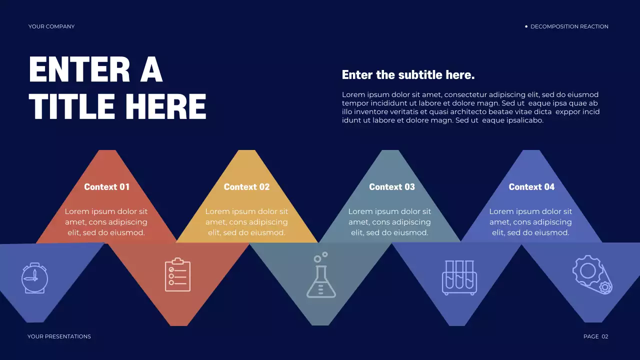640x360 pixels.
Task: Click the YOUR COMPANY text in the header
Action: pos(51,26)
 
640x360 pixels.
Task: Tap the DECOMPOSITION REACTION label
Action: pos(569,26)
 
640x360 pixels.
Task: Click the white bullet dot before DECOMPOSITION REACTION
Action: pos(526,26)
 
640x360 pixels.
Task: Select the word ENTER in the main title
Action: pos(80,69)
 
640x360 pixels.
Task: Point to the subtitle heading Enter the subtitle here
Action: pos(408,75)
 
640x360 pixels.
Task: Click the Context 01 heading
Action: pos(106,187)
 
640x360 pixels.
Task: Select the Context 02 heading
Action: pos(246,187)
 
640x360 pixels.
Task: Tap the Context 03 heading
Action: pos(392,187)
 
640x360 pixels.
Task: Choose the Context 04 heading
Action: pos(531,187)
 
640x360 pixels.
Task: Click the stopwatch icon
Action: pos(34,277)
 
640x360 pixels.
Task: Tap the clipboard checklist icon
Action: pos(177,274)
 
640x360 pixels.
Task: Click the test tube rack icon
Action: pos(459,277)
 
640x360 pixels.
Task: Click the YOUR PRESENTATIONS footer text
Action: pos(59,336)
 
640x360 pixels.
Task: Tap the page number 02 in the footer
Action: pos(604,336)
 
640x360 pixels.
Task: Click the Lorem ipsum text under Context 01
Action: pos(106,222)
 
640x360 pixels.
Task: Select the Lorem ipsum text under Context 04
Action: pos(530,222)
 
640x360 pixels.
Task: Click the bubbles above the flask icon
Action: pos(320,257)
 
